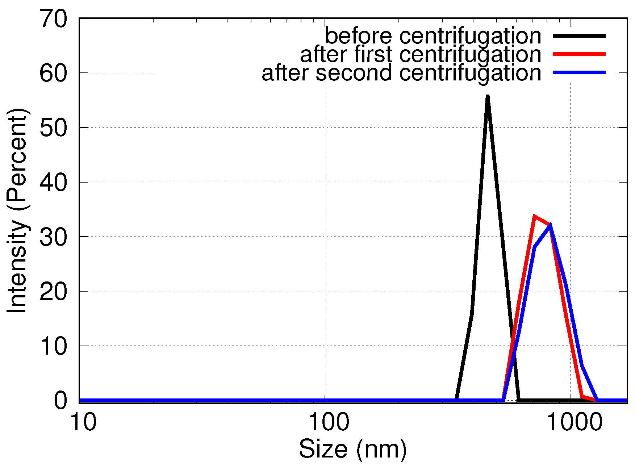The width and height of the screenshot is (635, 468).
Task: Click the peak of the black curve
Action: pyautogui.click(x=488, y=96)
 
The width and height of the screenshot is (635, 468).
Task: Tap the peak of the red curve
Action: pyautogui.click(x=535, y=217)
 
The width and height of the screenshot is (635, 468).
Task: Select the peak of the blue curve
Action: pyautogui.click(x=550, y=226)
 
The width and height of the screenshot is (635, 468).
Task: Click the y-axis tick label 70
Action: pyautogui.click(x=54, y=19)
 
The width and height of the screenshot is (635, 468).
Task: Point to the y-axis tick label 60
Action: pyautogui.click(x=54, y=74)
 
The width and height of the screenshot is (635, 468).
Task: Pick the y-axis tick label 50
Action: pyautogui.click(x=54, y=128)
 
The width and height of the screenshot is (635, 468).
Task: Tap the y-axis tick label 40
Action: pyautogui.click(x=54, y=183)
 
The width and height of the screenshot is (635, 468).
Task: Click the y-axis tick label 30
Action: pyautogui.click(x=54, y=237)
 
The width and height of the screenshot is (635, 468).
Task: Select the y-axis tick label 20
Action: pyautogui.click(x=54, y=292)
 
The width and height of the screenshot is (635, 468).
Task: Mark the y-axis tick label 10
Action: pyautogui.click(x=54, y=346)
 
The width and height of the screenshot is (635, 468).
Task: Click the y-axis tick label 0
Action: pyautogui.click(x=61, y=401)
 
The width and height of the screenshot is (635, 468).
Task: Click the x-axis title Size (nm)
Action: pyautogui.click(x=353, y=449)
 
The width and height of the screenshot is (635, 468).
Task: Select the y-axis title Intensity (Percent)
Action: pyautogui.click(x=17, y=210)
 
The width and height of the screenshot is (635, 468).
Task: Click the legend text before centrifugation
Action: pyautogui.click(x=433, y=36)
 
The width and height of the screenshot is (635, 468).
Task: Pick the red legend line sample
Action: pyautogui.click(x=579, y=54)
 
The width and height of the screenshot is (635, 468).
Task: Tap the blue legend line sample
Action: pyautogui.click(x=579, y=73)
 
